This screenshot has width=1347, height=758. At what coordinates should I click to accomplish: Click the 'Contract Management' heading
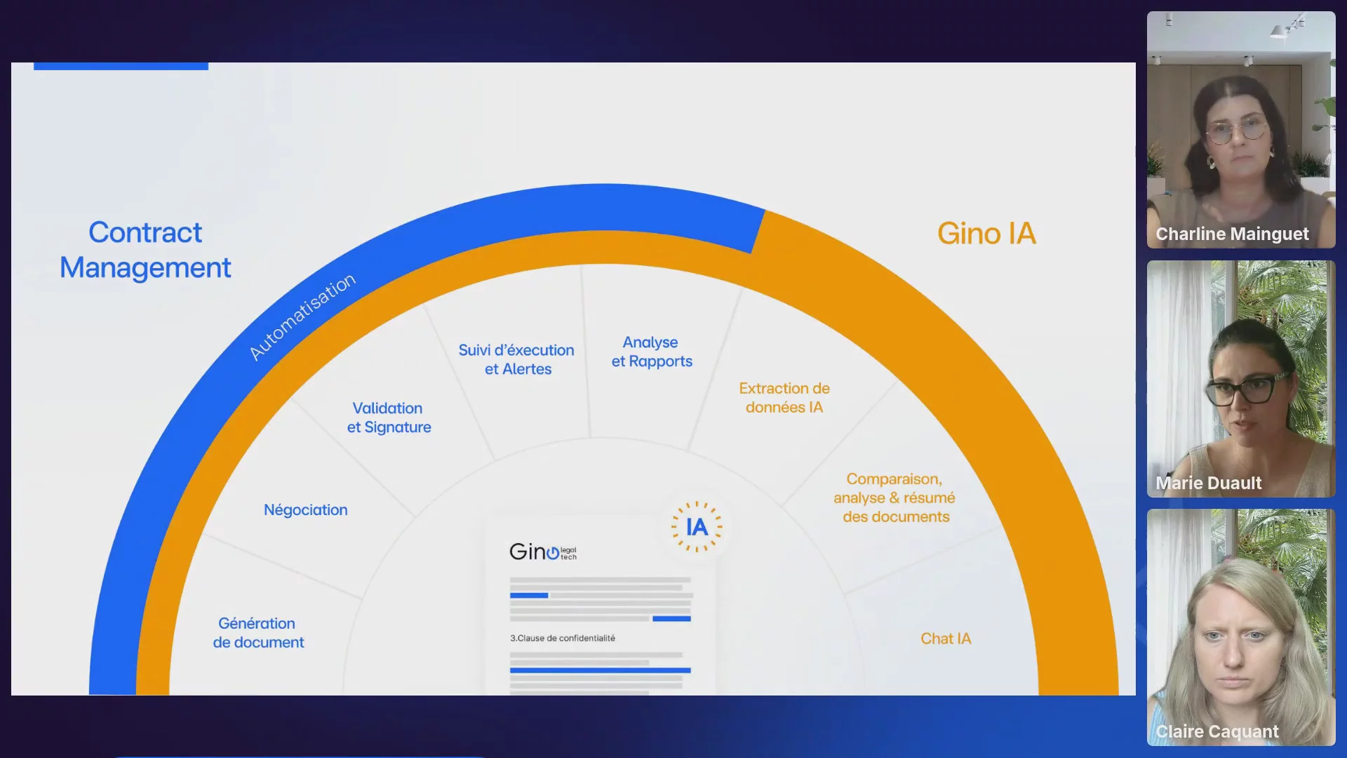point(145,250)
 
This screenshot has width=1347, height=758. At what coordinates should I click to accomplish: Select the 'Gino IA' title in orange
point(986,234)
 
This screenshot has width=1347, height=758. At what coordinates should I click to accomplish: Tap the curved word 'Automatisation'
point(302,317)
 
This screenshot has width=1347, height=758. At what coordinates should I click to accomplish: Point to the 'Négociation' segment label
point(306,510)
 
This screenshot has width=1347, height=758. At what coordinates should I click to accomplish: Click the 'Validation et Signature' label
point(389,418)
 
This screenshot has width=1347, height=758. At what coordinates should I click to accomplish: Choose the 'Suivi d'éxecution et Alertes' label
point(517,359)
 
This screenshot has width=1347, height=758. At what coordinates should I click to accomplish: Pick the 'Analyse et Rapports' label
point(652,352)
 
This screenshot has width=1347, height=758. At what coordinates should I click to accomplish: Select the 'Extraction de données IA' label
point(784,398)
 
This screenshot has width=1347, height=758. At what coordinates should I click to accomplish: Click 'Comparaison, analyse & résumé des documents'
point(894,498)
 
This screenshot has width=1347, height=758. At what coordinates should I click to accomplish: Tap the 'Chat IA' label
point(946,639)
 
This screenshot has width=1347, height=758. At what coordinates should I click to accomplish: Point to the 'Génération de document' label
point(258,633)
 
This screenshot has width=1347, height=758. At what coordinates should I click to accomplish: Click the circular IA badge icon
point(697,527)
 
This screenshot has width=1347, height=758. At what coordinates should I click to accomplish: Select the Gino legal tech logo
point(543,552)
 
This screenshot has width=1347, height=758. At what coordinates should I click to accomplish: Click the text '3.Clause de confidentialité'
point(563,638)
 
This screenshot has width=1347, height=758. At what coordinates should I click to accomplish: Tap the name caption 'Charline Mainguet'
point(1232,234)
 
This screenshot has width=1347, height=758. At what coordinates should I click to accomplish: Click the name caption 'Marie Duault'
point(1208,483)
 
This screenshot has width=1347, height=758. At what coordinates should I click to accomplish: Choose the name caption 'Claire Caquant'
point(1217,731)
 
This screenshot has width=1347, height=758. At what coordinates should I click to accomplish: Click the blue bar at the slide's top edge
point(121,66)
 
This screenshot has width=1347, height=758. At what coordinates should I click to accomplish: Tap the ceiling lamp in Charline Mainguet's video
point(1280,30)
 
